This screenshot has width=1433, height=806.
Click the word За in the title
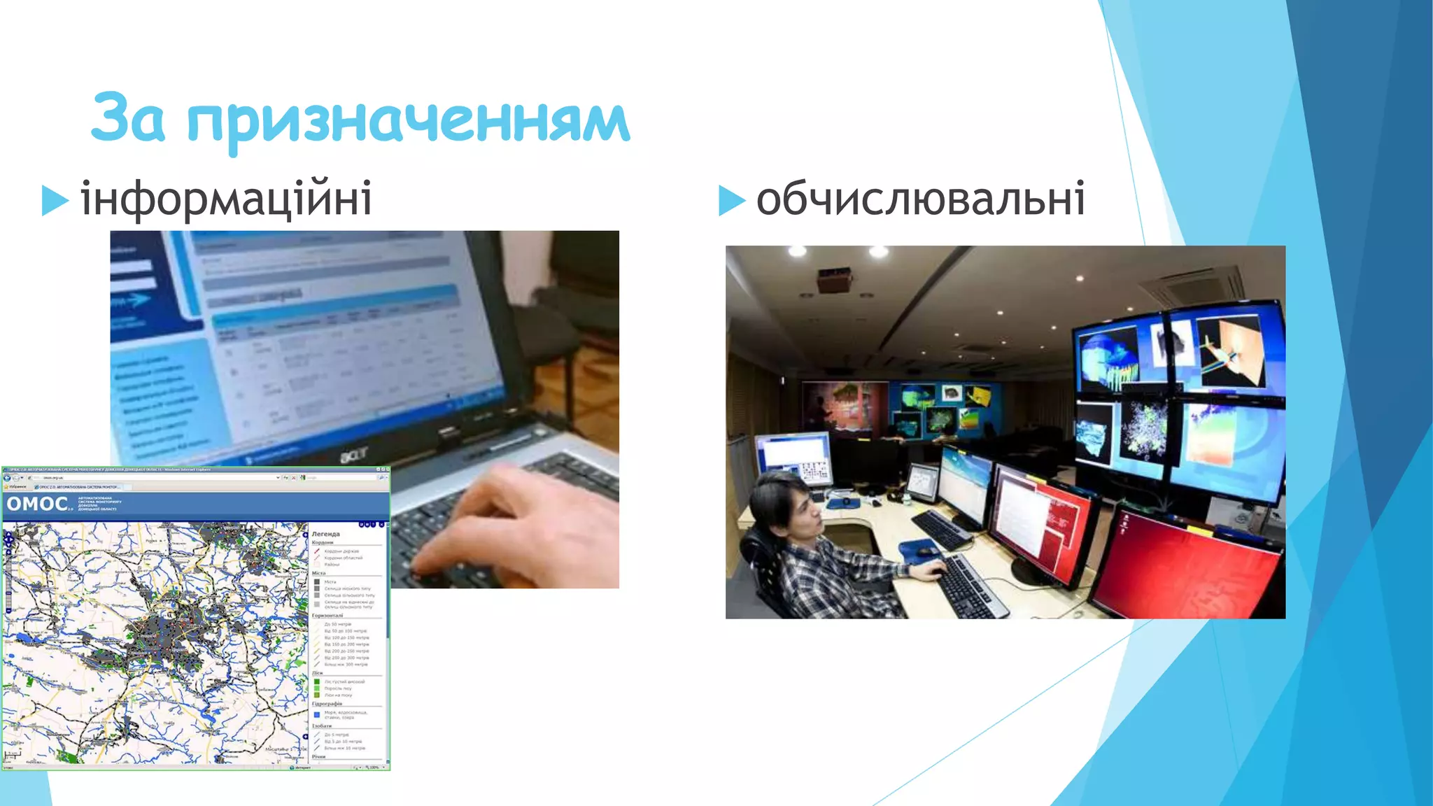point(128,118)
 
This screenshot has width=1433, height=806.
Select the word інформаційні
point(226,199)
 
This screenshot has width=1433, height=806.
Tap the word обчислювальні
point(921,199)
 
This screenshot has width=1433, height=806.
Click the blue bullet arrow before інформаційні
point(55,200)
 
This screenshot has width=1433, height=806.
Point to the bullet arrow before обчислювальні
point(732,200)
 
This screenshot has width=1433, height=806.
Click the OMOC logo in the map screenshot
point(38,504)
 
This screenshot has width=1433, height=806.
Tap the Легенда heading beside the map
point(325,534)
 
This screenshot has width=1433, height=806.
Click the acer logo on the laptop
point(354,455)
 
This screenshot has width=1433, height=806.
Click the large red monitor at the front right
point(1190,567)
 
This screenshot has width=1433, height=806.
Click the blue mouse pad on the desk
point(922,550)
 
